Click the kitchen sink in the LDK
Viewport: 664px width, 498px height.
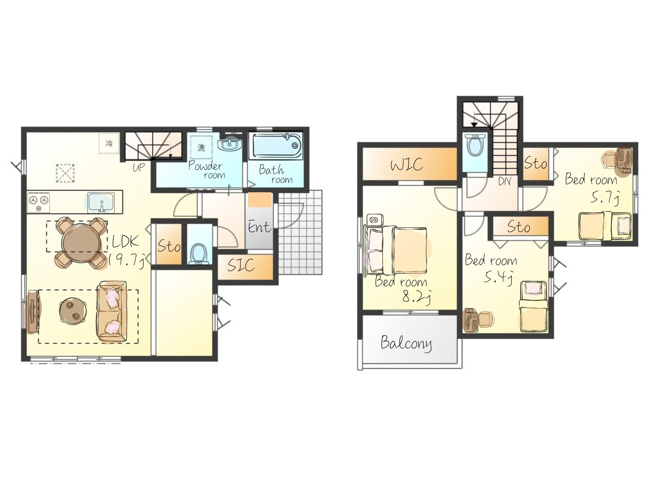coord(101,203)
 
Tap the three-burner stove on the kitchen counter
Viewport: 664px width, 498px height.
coord(39,203)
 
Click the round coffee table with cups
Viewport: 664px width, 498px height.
coord(73,311)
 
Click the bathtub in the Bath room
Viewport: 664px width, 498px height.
coord(277,146)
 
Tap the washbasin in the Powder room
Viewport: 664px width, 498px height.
coord(230,145)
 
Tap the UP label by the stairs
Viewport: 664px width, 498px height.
coord(139,167)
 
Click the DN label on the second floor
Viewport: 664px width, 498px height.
coord(504,181)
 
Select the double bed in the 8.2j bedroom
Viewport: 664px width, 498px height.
coord(395,251)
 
